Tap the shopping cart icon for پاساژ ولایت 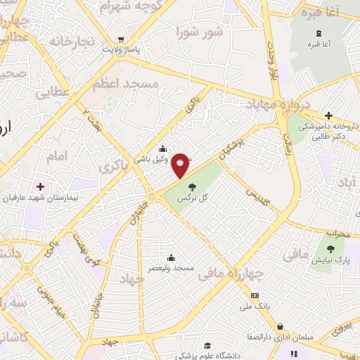tap(122, 39)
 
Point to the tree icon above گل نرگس tap(192, 186)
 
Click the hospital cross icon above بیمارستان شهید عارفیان tap(40, 186)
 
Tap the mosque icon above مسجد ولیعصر tap(171, 257)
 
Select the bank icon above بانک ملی tap(255, 295)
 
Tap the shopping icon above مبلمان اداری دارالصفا tap(281, 327)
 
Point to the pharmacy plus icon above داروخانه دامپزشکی tap(328, 116)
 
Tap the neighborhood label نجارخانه tap(71, 41)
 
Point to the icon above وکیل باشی tap(163, 148)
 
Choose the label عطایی tap(53, 92)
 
